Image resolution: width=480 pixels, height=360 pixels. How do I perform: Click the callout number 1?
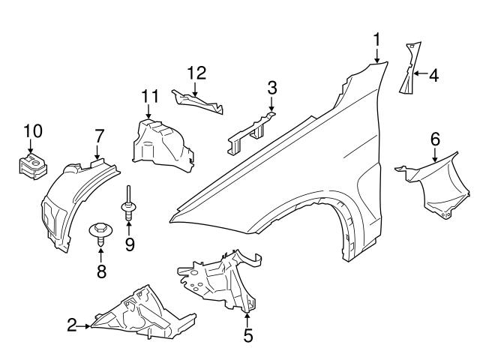point(378,38)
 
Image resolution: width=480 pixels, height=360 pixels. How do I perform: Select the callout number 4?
point(433,74)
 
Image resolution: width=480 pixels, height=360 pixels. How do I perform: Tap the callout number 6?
point(434,139)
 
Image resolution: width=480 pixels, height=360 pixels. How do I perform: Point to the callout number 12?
point(196,73)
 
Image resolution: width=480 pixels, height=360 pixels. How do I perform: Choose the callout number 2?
point(72,325)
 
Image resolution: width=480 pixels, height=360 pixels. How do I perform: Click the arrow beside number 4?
point(418,74)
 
